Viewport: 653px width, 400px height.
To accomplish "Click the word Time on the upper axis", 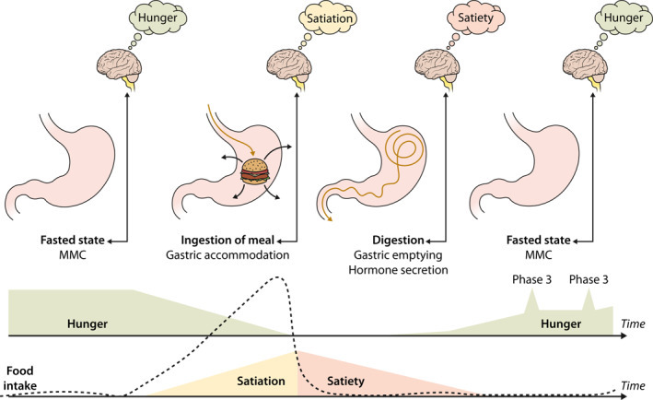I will click(x=634, y=325).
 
